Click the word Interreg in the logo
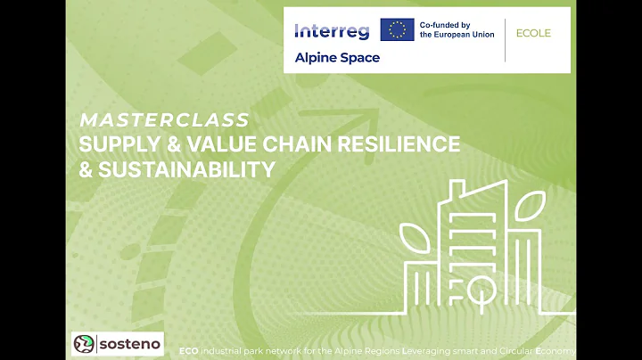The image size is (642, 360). (x=331, y=31)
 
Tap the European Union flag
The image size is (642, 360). (x=397, y=30)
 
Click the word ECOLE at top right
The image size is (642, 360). (x=534, y=33)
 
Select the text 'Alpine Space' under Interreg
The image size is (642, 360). (x=337, y=58)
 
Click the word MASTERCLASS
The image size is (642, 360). (x=164, y=119)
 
